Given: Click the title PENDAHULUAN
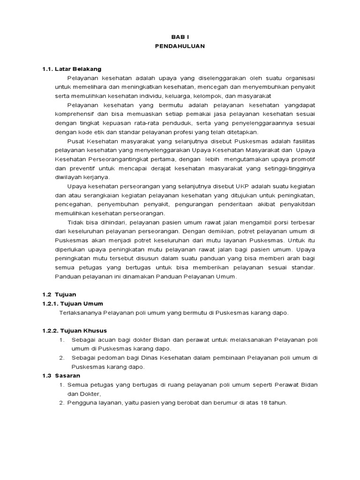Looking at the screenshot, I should (x=180, y=46).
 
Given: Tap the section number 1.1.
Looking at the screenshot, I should (x=48, y=69).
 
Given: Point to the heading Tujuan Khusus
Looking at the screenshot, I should (x=87, y=330).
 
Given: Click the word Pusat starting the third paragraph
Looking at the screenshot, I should (x=75, y=141).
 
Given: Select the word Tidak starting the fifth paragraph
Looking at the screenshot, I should (x=75, y=222).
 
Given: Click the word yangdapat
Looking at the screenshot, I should (x=299, y=105).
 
